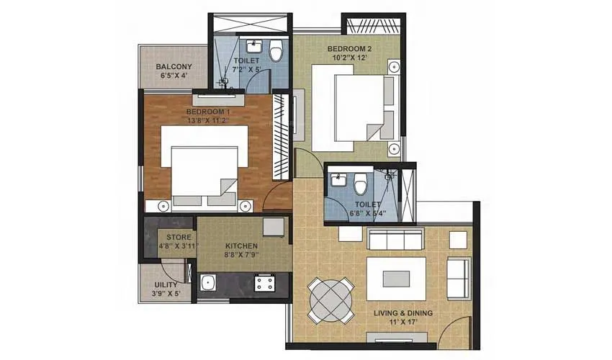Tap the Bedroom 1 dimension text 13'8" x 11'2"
click(208, 121)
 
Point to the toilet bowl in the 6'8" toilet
click(359, 186)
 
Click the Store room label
click(179, 237)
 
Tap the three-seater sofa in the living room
click(395, 238)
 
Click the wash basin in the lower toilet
click(338, 181)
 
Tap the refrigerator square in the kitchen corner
click(274, 226)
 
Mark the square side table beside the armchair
click(458, 238)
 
